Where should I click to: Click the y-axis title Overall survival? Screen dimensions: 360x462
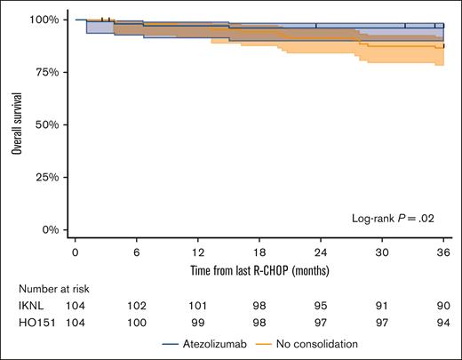[16, 124]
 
